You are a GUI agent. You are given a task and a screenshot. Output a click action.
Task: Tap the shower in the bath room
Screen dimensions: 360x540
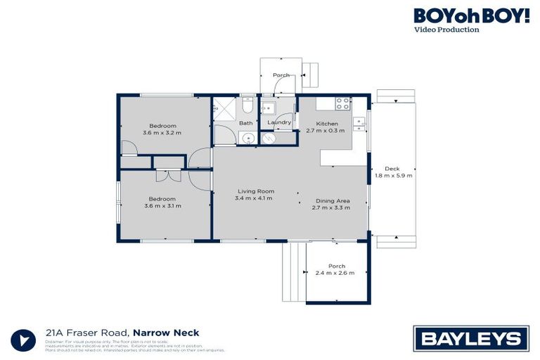226,110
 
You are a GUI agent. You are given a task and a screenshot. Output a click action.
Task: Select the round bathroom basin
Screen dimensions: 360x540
248,137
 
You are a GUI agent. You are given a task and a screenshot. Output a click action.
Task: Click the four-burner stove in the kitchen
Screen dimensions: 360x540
343,103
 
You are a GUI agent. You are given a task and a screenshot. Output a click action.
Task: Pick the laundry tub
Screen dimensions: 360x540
268,108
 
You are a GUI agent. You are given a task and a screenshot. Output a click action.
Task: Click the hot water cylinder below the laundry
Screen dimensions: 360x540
267,139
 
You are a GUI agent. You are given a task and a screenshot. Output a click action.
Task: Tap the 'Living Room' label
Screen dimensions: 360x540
255,191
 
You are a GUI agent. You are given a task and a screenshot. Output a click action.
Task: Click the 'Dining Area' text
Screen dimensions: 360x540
330,201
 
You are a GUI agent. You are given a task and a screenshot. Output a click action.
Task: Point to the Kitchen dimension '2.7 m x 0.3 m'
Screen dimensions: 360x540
325,131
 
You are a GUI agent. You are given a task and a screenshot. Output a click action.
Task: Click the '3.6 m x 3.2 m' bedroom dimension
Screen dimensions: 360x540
162,132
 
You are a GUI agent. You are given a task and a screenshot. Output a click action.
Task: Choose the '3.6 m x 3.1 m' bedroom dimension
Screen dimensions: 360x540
162,206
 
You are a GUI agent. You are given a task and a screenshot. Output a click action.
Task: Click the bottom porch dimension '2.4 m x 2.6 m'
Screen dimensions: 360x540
335,273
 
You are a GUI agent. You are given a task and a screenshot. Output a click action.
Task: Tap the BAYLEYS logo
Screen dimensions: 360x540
471,339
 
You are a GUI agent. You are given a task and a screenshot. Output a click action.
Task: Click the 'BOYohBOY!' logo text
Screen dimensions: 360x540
471,15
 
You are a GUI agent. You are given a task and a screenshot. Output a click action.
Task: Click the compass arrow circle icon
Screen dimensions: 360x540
24,340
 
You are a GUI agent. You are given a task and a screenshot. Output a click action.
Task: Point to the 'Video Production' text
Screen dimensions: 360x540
447,30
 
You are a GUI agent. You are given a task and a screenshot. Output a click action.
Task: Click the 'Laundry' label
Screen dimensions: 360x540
279,123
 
